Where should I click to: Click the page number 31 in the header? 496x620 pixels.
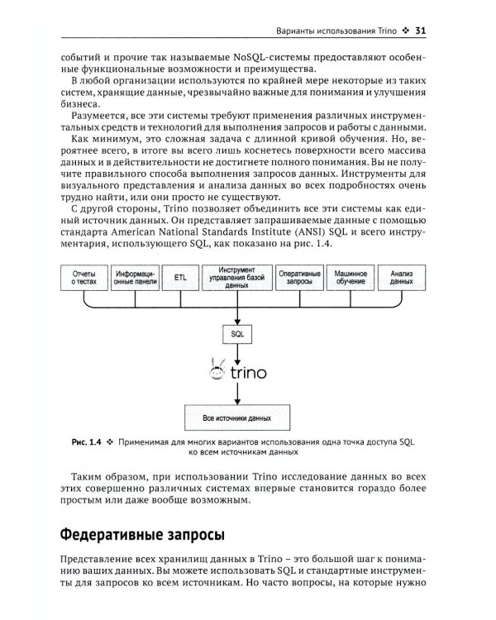point(419,31)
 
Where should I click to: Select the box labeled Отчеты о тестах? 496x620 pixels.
point(84,277)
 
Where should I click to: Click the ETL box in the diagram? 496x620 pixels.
point(180,277)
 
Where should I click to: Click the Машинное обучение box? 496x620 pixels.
point(351,277)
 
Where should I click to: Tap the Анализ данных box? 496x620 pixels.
point(402,277)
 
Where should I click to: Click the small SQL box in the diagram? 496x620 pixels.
point(237,333)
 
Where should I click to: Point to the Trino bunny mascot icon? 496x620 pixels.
point(216,370)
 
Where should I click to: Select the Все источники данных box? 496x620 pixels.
point(237,418)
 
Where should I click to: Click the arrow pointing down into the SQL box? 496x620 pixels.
point(237,313)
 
